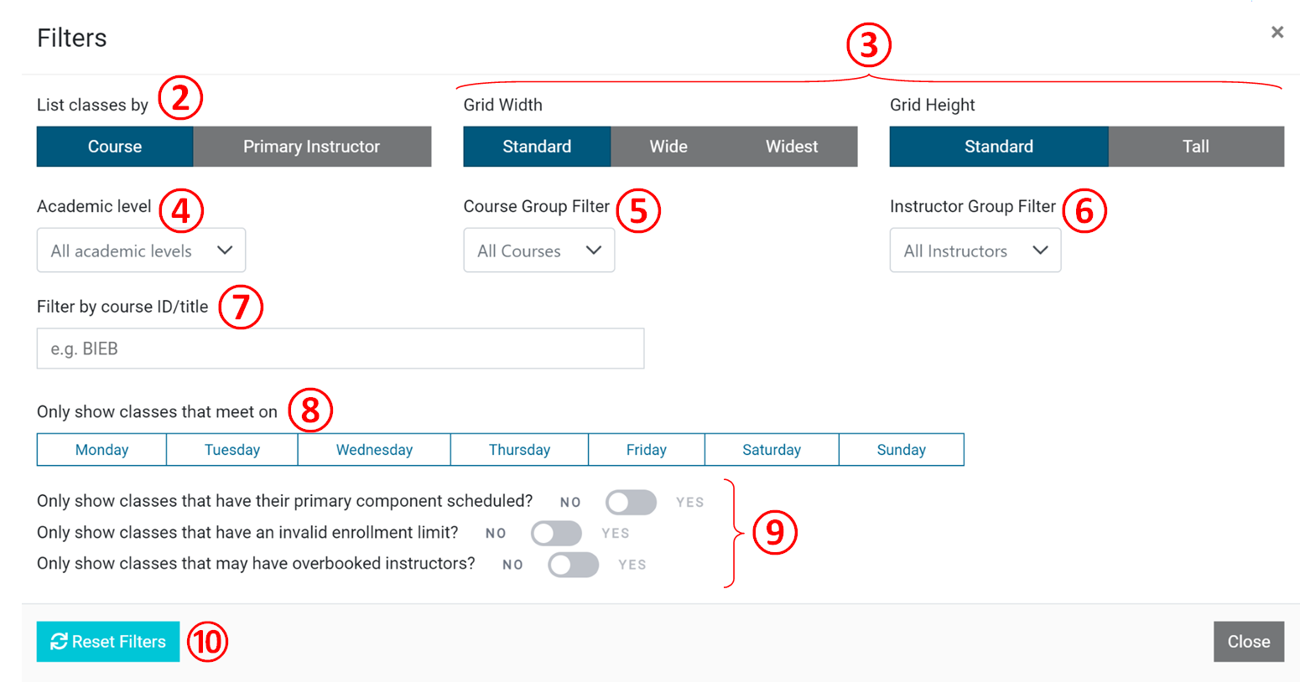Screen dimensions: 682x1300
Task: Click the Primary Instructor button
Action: [x=311, y=147]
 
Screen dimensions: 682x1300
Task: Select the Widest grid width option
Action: [x=791, y=147]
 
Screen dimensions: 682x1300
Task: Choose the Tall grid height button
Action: [x=1195, y=147]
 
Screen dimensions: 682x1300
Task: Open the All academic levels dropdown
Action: [x=141, y=251]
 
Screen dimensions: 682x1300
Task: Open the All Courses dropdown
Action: [x=538, y=251]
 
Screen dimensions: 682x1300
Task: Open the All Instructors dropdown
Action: [x=975, y=251]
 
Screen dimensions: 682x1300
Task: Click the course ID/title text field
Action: [x=340, y=349]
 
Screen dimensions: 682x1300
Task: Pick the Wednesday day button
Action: [x=374, y=450]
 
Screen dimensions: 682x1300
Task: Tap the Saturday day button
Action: [x=771, y=450]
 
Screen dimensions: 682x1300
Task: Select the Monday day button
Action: [x=101, y=450]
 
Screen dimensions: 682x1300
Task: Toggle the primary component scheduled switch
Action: [x=631, y=502]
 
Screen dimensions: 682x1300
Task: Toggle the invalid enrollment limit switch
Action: [x=556, y=533]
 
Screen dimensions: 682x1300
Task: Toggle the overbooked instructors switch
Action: [x=573, y=565]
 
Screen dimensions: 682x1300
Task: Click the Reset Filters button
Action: [x=108, y=642]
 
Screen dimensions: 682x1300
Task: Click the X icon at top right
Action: [x=1277, y=32]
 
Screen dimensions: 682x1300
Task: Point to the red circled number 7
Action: [x=241, y=307]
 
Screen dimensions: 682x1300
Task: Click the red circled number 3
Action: [x=868, y=44]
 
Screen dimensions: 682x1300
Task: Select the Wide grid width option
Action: [x=668, y=147]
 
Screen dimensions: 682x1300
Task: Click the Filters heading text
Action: [x=72, y=38]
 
